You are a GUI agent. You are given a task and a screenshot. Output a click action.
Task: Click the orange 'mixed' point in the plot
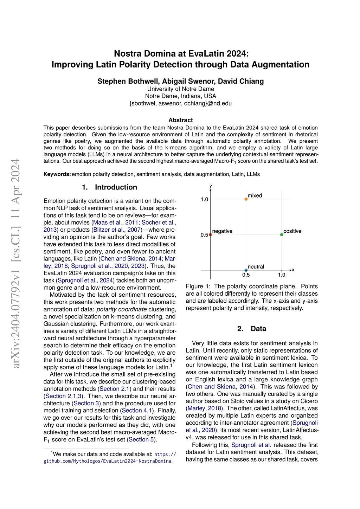click(x=246, y=199)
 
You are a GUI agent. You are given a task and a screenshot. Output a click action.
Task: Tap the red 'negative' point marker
click(x=211, y=234)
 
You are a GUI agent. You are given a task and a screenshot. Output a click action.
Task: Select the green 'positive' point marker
click(x=282, y=234)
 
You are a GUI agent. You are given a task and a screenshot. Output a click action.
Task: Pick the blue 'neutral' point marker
click(x=246, y=270)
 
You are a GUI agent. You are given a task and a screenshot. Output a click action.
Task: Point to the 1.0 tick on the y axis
click(x=204, y=199)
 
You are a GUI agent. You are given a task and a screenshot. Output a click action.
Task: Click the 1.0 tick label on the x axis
click(x=282, y=275)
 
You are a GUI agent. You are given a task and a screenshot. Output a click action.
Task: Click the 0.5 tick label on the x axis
click(x=246, y=275)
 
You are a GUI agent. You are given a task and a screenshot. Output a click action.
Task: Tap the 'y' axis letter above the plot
click(x=211, y=186)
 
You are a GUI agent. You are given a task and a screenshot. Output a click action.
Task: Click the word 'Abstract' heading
click(x=180, y=120)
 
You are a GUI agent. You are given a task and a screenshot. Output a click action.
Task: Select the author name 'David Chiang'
click(x=241, y=81)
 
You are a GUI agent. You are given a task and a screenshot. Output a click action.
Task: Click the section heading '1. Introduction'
click(x=109, y=187)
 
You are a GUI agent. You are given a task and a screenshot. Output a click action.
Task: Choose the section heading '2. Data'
click(x=251, y=329)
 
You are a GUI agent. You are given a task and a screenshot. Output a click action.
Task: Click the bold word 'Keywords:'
click(x=57, y=174)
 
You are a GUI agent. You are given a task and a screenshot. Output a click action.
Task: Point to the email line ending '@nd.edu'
click(x=180, y=103)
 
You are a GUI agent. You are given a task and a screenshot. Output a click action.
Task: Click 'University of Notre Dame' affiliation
click(x=180, y=89)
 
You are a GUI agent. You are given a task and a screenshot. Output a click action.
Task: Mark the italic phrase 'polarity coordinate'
click(x=121, y=309)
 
